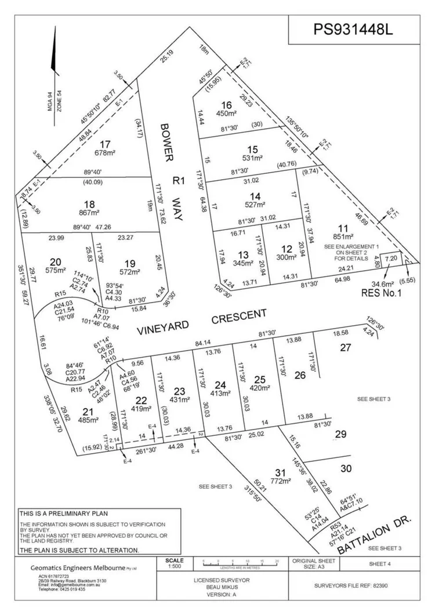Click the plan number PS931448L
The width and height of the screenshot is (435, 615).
pyautogui.click(x=353, y=29)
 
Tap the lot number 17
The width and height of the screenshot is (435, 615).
pyautogui.click(x=105, y=144)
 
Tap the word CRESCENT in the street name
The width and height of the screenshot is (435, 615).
pyautogui.click(x=238, y=316)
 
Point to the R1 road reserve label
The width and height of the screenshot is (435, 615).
pyautogui.click(x=179, y=180)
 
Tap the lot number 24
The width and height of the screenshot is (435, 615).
pyautogui.click(x=220, y=384)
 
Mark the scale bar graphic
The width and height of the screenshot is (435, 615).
pyautogui.click(x=239, y=562)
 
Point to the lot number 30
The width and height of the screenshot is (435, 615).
pyautogui.click(x=346, y=468)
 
